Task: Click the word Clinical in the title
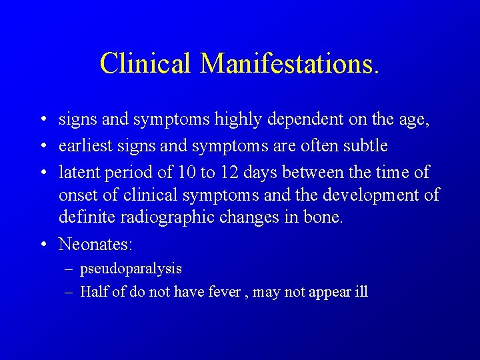point(146,63)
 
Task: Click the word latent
point(78,173)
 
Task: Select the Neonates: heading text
point(96,244)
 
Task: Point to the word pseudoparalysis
point(131,269)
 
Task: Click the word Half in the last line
point(94,292)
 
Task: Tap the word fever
point(223,292)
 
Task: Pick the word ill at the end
point(361,292)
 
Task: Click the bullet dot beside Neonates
point(41,245)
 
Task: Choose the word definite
point(83,217)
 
